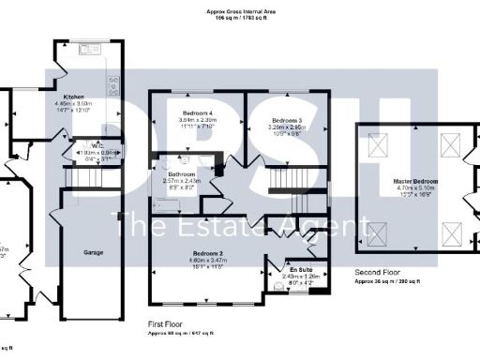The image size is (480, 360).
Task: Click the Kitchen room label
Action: (x=74, y=97)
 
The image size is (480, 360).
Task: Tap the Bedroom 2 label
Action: (x=207, y=253)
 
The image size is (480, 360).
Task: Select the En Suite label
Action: (x=299, y=269)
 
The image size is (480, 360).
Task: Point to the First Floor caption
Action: (x=167, y=322)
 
